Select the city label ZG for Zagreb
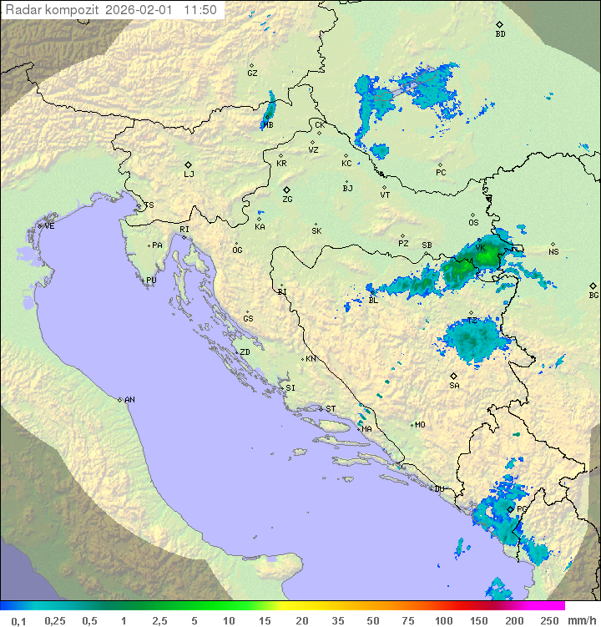[287, 200]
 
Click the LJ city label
[189, 174]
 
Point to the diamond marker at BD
[499, 25]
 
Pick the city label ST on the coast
[331, 408]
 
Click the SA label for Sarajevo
[454, 385]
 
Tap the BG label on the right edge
[593, 295]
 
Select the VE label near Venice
[49, 225]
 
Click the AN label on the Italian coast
[129, 400]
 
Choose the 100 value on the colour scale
[443, 620]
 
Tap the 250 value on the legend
[548, 620]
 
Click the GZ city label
[252, 73]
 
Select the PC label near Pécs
[441, 172]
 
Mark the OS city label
[473, 222]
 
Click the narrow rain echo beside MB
[270, 109]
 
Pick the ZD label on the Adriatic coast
[245, 352]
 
